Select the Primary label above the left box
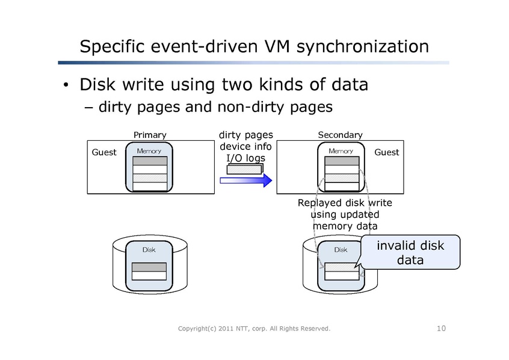(149, 135)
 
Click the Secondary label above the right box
(340, 135)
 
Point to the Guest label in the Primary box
(103, 152)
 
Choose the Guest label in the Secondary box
(386, 152)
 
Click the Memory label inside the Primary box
(149, 151)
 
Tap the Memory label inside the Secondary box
(341, 151)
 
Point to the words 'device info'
(245, 146)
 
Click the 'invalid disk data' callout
(410, 252)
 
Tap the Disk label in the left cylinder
(149, 249)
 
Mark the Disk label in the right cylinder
(341, 249)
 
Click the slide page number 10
(441, 328)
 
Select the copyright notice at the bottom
(254, 329)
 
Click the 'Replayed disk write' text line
(345, 203)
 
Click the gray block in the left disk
(149, 267)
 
